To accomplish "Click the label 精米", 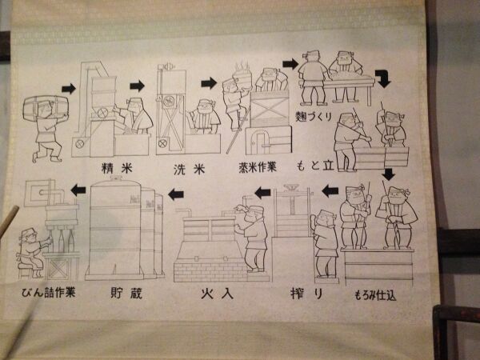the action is [x=117, y=168].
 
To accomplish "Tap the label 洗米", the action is [x=189, y=170].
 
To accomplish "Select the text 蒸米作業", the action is [x=258, y=167].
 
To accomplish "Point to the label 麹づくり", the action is [x=314, y=116].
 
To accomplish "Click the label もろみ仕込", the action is [x=375, y=295].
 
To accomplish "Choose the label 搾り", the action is [x=306, y=294].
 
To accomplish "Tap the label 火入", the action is [x=217, y=294].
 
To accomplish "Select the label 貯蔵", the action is [x=126, y=293].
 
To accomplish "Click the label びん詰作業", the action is [x=48, y=292].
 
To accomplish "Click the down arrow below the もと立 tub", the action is [x=389, y=174].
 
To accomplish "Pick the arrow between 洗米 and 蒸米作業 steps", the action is [x=209, y=83].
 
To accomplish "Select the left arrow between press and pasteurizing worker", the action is [x=262, y=193].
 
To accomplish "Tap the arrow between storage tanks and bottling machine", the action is [x=78, y=190].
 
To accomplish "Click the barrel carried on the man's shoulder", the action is [x=46, y=108].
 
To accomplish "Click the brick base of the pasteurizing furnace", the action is [x=210, y=272].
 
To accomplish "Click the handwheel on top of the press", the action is [x=292, y=186].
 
